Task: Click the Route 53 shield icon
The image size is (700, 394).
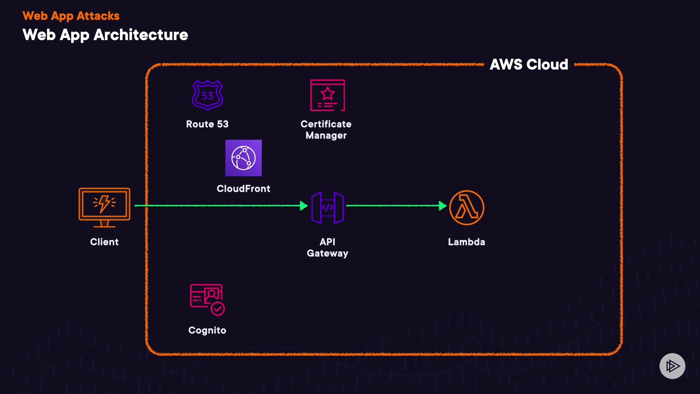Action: click(207, 95)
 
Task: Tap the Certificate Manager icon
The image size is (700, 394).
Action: click(327, 95)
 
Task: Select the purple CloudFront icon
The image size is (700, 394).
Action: click(244, 158)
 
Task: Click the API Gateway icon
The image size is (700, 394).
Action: click(327, 208)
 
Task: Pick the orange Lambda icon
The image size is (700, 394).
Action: click(467, 208)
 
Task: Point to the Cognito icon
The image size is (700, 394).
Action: click(207, 300)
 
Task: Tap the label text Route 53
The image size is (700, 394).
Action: click(207, 124)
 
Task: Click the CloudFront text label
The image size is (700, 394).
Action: click(244, 189)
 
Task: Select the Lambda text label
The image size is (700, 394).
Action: click(467, 242)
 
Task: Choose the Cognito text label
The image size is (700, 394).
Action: click(207, 330)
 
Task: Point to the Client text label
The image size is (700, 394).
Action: click(104, 242)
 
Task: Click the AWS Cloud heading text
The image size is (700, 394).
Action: click(529, 65)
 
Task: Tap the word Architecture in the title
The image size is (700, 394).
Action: click(141, 35)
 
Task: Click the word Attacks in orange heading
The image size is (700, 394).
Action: click(98, 16)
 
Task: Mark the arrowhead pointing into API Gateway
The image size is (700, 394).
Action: click(303, 206)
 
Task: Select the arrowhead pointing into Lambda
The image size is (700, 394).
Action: click(442, 206)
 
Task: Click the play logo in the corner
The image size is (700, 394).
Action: click(672, 366)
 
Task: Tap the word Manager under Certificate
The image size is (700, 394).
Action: click(326, 135)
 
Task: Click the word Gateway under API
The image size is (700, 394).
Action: click(327, 253)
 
